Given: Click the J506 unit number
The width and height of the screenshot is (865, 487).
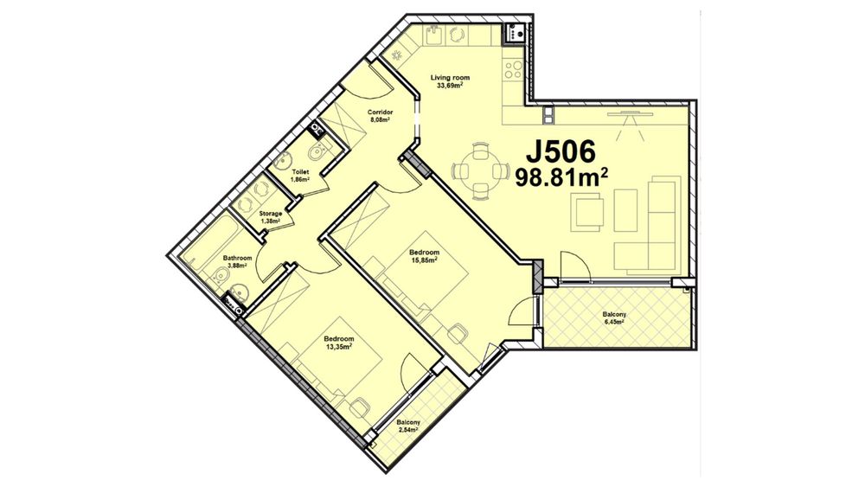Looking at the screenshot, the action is click(561, 151).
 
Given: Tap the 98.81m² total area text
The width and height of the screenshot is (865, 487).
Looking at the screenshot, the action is click(561, 177).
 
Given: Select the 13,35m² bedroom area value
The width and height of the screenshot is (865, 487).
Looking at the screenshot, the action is click(338, 346).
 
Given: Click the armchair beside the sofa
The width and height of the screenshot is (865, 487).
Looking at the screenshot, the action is click(589, 212).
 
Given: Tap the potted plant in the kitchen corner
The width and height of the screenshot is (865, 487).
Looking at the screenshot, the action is click(397, 54).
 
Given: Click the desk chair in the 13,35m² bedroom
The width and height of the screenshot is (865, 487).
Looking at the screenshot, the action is click(359, 408).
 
